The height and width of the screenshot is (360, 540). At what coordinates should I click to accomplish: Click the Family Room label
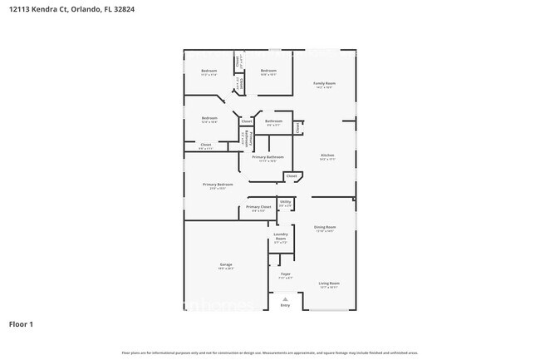(x=324, y=84)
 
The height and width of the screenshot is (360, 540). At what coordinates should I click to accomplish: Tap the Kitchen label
(x=328, y=155)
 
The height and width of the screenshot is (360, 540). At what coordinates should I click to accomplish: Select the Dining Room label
(x=324, y=227)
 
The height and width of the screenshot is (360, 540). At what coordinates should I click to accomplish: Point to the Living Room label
(x=329, y=284)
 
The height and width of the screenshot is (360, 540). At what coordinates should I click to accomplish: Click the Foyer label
(x=284, y=274)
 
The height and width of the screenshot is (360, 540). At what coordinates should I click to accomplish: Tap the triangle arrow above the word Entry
(x=285, y=298)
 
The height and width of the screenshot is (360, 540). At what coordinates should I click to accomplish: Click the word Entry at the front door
(x=285, y=305)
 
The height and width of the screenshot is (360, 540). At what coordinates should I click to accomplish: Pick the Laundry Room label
(x=281, y=237)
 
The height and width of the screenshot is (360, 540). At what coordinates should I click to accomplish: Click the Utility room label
(x=285, y=201)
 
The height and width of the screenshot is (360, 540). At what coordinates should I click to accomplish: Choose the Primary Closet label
(x=258, y=206)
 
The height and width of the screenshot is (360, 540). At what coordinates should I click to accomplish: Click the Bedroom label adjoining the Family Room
(x=268, y=72)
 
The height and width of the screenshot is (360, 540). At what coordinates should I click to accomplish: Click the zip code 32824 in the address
(x=125, y=9)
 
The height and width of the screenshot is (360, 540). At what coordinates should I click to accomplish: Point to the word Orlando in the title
(x=83, y=9)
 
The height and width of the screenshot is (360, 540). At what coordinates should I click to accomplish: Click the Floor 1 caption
(x=22, y=323)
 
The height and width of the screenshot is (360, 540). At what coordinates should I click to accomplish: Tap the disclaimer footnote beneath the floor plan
(x=270, y=353)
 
